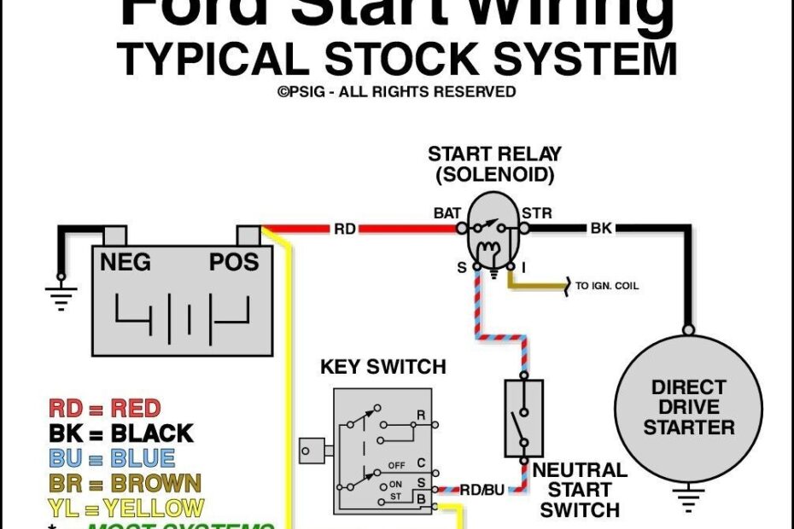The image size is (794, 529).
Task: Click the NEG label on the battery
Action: [x=126, y=262]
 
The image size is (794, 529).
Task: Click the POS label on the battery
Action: [x=233, y=262]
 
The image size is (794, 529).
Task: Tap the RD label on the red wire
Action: [x=344, y=229]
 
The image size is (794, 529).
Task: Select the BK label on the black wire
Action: [x=600, y=229]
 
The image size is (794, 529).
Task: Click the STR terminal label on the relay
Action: [x=537, y=212]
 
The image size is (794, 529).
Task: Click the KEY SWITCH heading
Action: [x=382, y=367]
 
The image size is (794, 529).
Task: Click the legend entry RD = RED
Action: [x=104, y=408]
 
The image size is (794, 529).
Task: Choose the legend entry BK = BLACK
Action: [x=120, y=433]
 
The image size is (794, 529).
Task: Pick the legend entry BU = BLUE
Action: [x=111, y=459]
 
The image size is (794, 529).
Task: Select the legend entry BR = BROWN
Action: [x=125, y=484]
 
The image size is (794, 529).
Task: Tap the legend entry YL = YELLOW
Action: [x=126, y=509]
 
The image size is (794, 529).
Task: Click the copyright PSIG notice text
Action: [x=396, y=91]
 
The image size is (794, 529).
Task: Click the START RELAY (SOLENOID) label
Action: [x=494, y=165]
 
